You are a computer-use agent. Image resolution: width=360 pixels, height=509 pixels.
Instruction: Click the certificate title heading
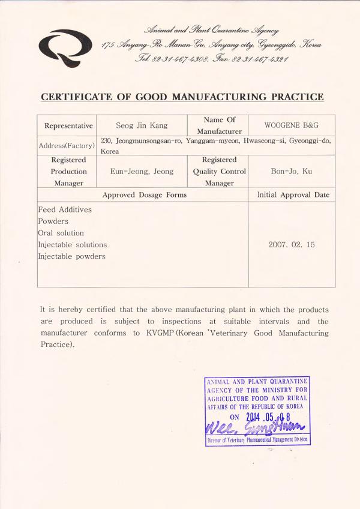[182, 97]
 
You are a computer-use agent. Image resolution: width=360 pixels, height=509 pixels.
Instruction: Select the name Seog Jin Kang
[142, 125]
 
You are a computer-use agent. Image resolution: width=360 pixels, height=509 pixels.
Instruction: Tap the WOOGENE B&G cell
[291, 125]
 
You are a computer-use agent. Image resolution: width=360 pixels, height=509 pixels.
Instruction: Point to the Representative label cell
[68, 126]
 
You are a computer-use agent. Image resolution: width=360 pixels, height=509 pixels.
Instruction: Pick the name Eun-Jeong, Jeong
[142, 172]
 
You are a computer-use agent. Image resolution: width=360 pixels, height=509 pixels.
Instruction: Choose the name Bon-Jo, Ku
[291, 172]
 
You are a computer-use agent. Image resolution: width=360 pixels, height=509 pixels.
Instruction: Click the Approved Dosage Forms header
[144, 195]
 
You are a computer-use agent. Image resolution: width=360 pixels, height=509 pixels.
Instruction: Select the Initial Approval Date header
[293, 195]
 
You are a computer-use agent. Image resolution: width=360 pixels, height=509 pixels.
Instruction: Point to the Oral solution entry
[61, 233]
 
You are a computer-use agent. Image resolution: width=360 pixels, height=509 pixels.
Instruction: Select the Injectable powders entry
[71, 256]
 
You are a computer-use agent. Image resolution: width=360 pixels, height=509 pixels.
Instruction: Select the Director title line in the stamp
[257, 440]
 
